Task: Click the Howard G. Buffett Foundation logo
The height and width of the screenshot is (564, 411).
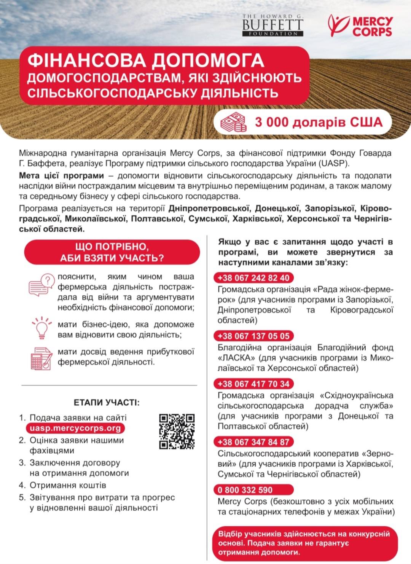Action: pos(272,25)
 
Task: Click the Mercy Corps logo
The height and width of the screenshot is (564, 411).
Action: pos(360,26)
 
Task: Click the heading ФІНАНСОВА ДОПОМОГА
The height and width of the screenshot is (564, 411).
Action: pos(146,61)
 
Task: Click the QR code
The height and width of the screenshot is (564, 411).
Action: pos(177,431)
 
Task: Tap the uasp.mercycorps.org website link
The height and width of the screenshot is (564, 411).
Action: pos(75,428)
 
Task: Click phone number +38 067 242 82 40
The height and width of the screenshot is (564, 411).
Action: pos(253,278)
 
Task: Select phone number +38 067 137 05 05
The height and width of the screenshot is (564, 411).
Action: pos(253,336)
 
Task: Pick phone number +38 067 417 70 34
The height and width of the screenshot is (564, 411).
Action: pos(253,384)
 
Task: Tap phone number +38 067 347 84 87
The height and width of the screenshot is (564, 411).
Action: pos(253,442)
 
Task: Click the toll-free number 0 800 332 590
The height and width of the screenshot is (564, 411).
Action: pos(245,490)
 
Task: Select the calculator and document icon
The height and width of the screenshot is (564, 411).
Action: pos(41,358)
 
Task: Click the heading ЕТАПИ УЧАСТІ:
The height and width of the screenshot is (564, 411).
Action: pos(107,402)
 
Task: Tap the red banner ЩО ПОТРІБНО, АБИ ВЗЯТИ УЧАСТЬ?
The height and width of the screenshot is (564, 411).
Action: pos(112,252)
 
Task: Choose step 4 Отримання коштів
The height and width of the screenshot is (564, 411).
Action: pos(68,485)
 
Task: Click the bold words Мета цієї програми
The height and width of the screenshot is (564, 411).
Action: pos(61,176)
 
